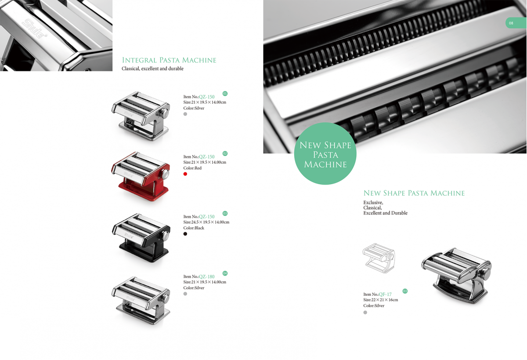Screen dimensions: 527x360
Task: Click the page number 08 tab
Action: coord(516,23)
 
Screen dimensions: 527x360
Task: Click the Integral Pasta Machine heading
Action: coord(169,60)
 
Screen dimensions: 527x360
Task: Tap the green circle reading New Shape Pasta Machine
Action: coord(325,153)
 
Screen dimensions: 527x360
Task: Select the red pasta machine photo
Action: coord(141,176)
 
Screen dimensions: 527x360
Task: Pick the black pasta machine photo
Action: coord(141,237)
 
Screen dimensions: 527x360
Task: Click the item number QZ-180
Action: coord(206,276)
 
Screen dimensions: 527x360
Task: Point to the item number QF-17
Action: coord(385,295)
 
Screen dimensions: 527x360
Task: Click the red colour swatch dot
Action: coord(185,174)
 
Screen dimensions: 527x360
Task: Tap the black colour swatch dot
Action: coord(185,234)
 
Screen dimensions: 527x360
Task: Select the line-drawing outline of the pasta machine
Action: coord(379,258)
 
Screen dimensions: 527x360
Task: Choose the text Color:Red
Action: coord(192,168)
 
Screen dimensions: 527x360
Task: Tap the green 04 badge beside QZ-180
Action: coord(225,273)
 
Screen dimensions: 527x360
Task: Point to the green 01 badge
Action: coord(225,94)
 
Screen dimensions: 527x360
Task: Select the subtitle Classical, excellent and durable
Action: coord(152,69)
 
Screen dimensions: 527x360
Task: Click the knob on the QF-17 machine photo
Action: coord(485,273)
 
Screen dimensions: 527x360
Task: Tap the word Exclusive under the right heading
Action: coord(373,203)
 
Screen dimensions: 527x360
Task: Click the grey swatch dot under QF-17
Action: coord(365,313)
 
